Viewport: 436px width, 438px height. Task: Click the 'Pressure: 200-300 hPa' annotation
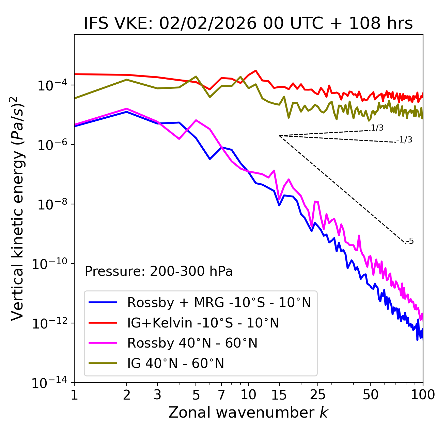[159, 271]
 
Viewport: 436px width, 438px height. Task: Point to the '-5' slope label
[410, 241]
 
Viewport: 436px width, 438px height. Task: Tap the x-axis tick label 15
[279, 395]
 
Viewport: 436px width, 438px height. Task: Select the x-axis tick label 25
[317, 395]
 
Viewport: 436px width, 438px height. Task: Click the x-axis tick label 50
[370, 395]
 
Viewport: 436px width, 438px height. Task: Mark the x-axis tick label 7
[221, 395]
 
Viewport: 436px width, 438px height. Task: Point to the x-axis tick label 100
[422, 395]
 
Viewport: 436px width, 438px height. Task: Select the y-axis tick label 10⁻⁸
[51, 204]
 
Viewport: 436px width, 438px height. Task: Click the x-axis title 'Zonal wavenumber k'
[248, 412]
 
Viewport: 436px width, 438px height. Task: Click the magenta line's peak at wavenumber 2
[127, 108]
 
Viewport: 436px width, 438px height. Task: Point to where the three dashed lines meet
[279, 136]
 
